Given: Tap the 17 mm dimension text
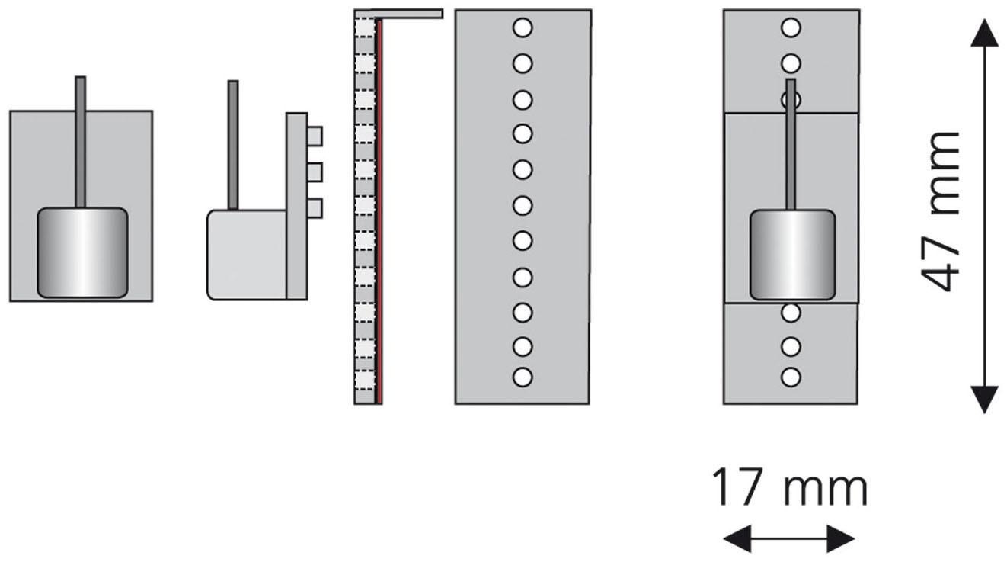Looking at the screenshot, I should coord(789,489).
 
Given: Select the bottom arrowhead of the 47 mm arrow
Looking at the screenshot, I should coord(986,398).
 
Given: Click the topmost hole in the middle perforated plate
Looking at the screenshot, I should coord(523,28).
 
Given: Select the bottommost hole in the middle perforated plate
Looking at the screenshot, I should coord(523,377).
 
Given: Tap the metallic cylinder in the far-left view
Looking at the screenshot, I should coord(82,252).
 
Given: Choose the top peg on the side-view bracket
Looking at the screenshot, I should coord(315,136).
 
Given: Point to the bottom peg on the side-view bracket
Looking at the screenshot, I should coord(315,207).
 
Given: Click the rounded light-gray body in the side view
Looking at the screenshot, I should coord(247,255).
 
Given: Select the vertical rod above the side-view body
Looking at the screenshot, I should coord(233,145).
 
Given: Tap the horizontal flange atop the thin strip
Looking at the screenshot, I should coord(409,14).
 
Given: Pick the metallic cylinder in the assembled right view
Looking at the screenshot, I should coord(792,255).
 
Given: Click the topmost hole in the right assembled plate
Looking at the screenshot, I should coord(791,29).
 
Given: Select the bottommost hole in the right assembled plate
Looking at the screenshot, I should coord(791,377).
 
